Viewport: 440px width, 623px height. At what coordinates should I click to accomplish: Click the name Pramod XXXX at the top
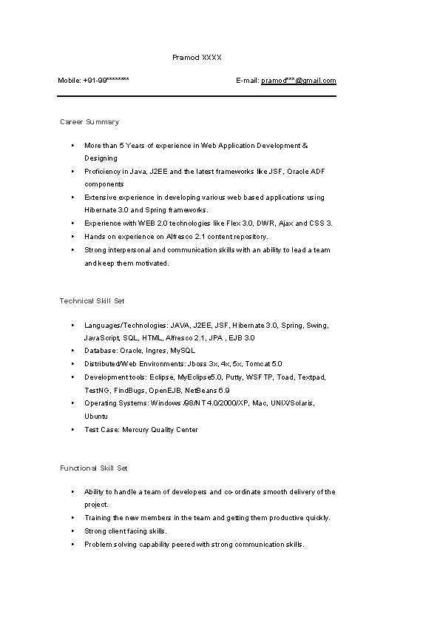click(x=197, y=57)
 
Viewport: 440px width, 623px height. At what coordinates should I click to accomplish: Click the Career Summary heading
click(x=89, y=121)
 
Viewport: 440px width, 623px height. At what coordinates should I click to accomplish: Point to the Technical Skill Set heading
click(x=92, y=300)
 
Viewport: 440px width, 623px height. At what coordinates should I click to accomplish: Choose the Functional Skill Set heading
click(x=94, y=468)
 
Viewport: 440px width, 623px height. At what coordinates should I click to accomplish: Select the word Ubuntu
click(x=96, y=417)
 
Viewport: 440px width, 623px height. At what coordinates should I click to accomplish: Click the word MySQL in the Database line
click(x=183, y=351)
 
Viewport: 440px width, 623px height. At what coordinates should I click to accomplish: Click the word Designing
click(x=101, y=158)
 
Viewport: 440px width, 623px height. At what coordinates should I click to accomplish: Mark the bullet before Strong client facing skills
click(x=72, y=531)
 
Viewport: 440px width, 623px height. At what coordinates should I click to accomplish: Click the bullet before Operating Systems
click(x=72, y=403)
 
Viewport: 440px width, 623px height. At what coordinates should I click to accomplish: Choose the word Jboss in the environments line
click(x=197, y=364)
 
